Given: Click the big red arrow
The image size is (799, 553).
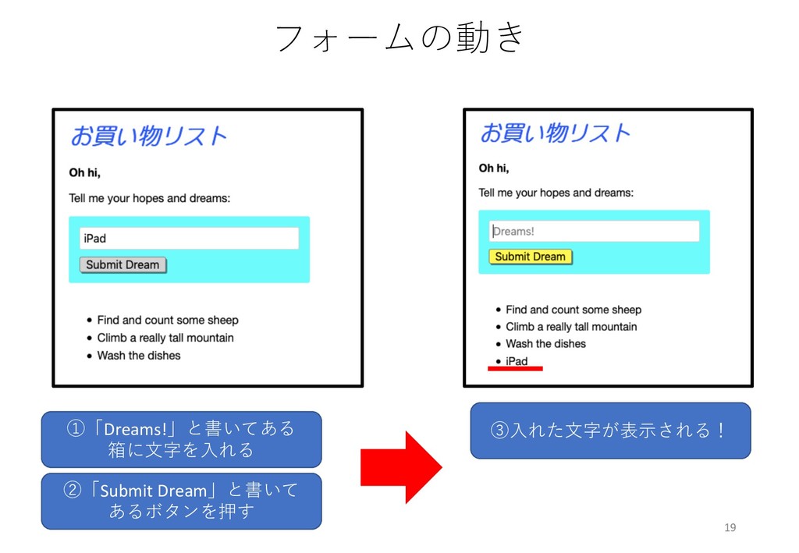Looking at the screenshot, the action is pos(400,467).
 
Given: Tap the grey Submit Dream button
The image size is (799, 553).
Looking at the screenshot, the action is pos(123,265).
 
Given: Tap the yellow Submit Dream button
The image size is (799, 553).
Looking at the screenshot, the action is pos(530,257).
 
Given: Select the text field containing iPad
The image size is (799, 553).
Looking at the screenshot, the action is pos(189,239).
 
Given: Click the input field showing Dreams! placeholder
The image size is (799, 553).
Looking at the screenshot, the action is pos(594,232).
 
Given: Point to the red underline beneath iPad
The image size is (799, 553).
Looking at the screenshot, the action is pos(515,369).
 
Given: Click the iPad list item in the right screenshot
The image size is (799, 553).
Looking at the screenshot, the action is pos(517,361).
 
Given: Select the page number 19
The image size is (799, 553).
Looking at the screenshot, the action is pos(730,528).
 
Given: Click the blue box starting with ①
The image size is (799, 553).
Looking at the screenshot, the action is pos(181,439).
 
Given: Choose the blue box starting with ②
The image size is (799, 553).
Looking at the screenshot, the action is pos(181,501).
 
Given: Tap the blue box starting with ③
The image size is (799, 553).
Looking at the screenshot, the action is pos(609,430).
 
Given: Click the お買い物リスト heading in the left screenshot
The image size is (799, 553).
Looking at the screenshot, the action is pos(148,136).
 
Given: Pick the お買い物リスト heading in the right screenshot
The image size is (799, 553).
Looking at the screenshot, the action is pos(554,133).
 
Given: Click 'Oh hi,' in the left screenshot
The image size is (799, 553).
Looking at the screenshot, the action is pos(85,173).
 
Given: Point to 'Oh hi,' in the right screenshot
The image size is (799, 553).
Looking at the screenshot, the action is pos(493,168).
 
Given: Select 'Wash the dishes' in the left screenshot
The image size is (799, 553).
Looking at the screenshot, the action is pos(139,356).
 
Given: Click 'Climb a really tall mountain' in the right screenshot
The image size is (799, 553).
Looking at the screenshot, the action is pos(571,327).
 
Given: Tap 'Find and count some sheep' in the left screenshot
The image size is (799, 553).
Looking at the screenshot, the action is pos(168,321).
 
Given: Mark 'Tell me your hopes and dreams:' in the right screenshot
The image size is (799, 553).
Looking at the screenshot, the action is pos(556,193).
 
